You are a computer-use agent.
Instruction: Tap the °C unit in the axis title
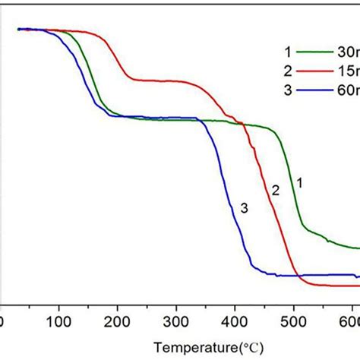point(254,347)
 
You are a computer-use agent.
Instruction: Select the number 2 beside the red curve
point(276,191)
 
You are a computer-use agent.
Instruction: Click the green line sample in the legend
point(314,52)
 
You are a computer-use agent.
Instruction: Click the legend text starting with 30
point(350,52)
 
